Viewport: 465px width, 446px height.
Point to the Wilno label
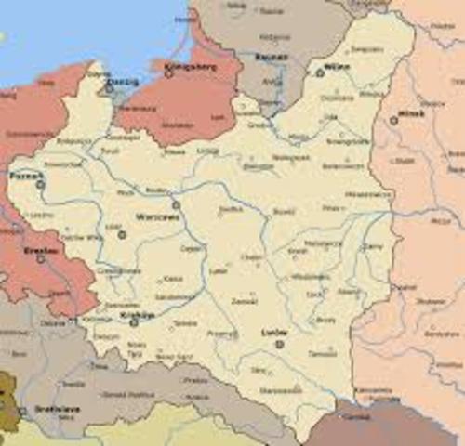pos(336,67)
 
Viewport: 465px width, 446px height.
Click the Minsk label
pos(410,112)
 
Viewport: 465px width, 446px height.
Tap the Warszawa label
pos(152,216)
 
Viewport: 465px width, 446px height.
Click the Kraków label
pos(136,315)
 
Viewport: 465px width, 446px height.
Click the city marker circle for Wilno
pos(320,72)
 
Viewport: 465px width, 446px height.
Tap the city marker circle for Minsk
pos(394,120)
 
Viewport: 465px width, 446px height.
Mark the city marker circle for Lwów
pos(279,344)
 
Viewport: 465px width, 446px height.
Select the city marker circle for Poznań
pos(40,185)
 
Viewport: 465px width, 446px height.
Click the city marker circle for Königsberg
pos(169,73)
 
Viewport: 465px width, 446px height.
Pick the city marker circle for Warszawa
pos(175,204)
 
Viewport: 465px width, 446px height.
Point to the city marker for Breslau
pos(40,259)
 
